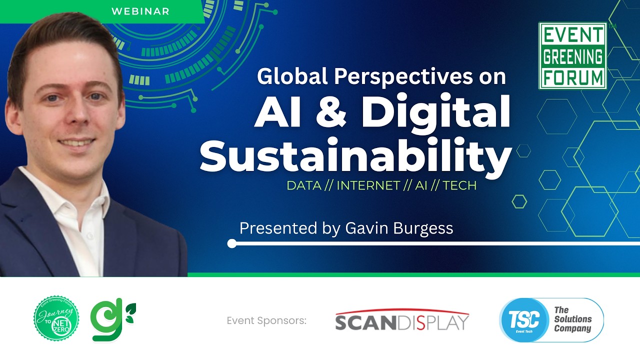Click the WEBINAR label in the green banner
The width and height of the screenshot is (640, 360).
[140, 10]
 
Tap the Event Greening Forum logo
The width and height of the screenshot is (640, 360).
[572, 55]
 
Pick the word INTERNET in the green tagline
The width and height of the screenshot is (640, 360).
[368, 185]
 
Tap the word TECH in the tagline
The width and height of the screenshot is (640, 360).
[459, 185]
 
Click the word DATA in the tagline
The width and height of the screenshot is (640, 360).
[303, 185]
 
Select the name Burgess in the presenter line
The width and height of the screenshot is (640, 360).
[425, 228]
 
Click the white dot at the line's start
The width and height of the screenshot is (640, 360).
[231, 243]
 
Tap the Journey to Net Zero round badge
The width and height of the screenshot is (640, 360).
[56, 318]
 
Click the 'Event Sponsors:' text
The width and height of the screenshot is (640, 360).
[266, 320]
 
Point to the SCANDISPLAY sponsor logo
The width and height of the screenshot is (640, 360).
[402, 320]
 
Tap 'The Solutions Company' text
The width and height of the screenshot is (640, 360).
[572, 320]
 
